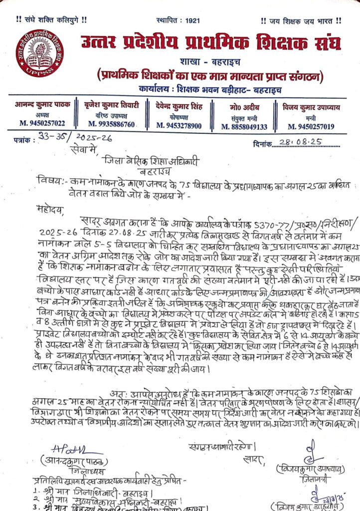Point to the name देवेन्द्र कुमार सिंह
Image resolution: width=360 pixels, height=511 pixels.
(179, 106)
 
